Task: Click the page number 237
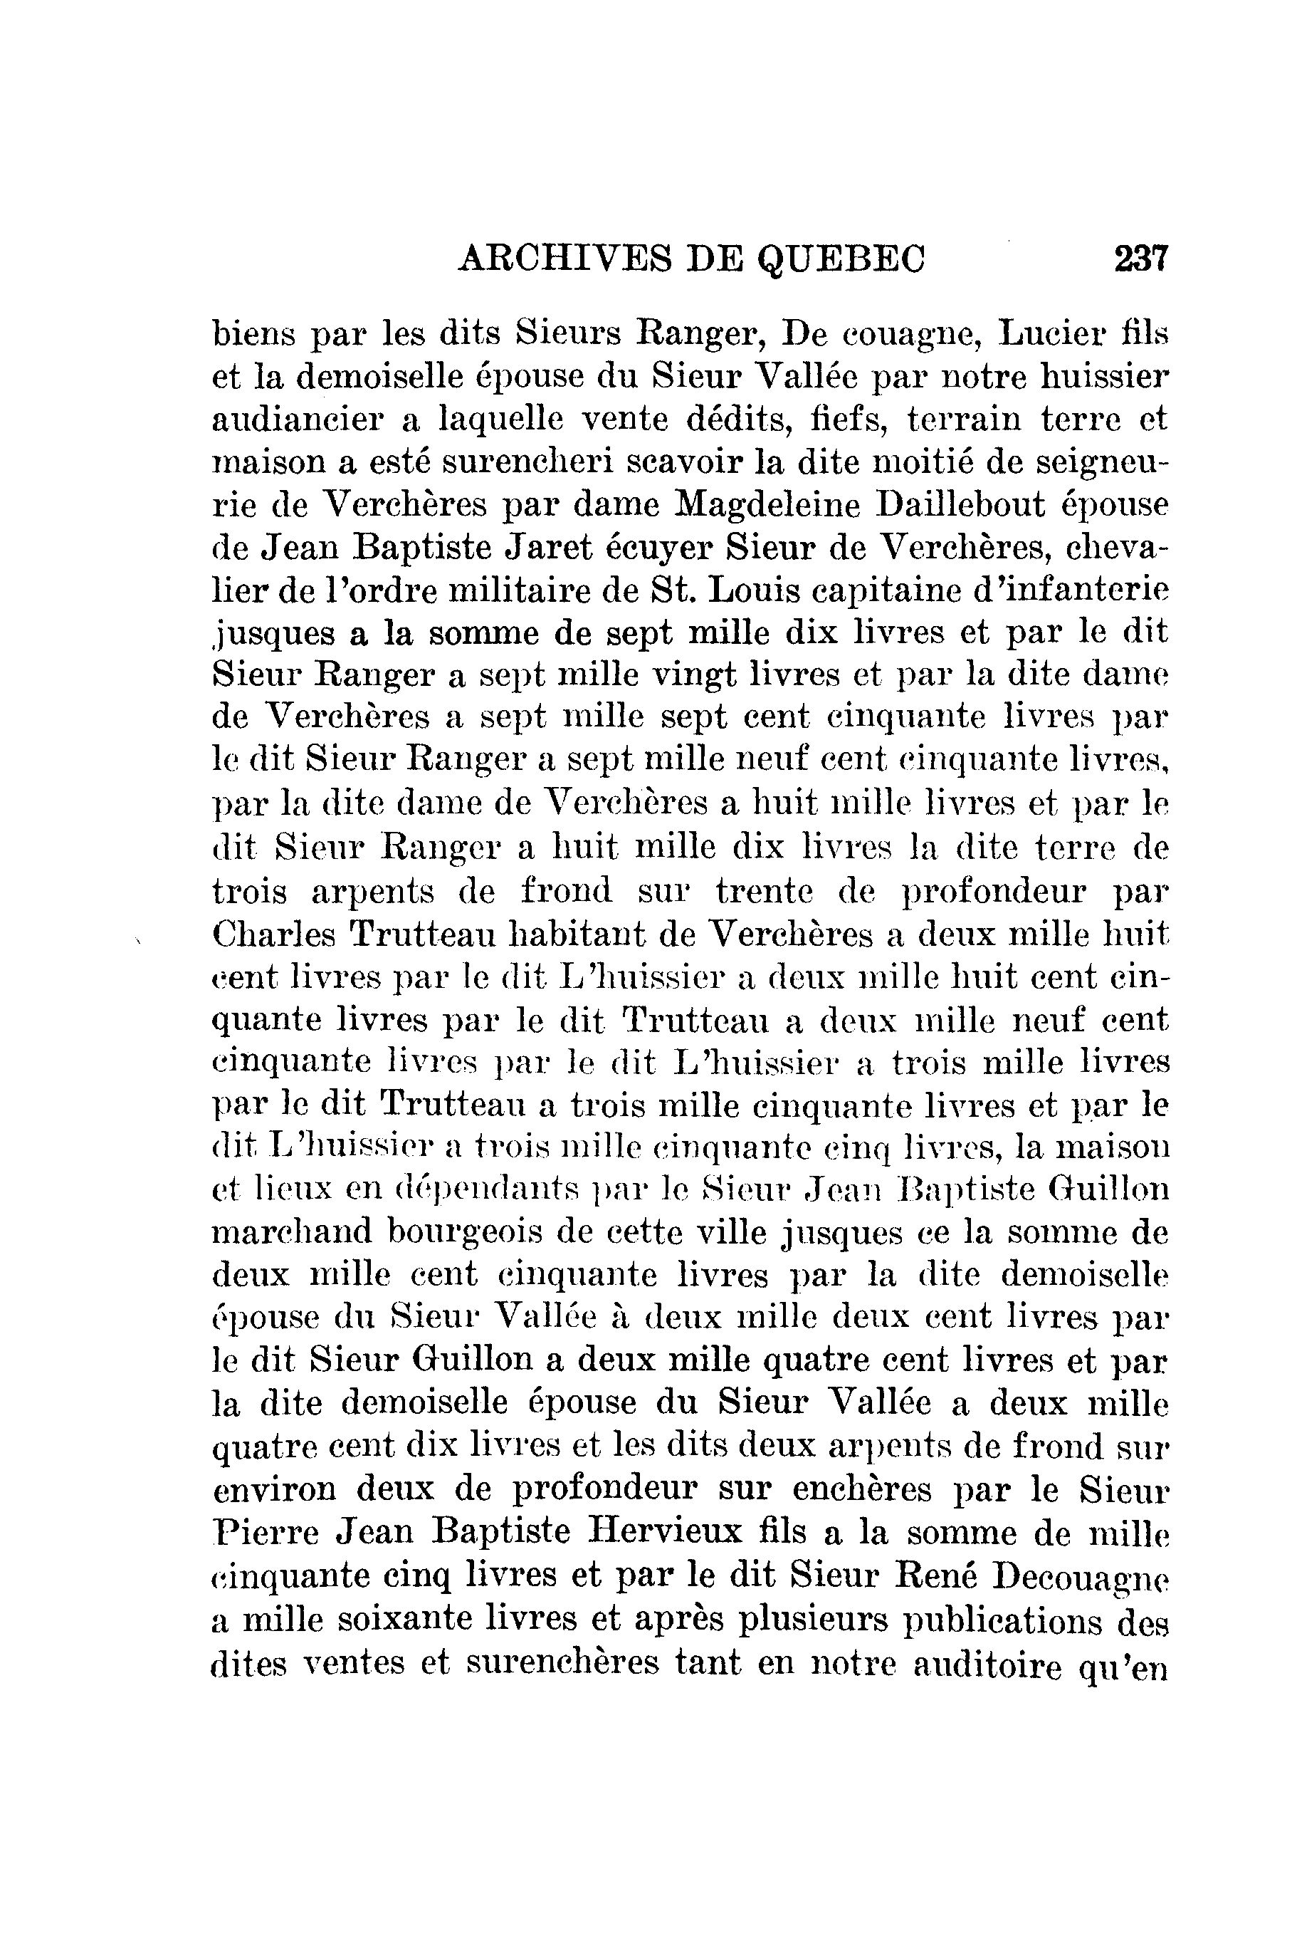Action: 1141,259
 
